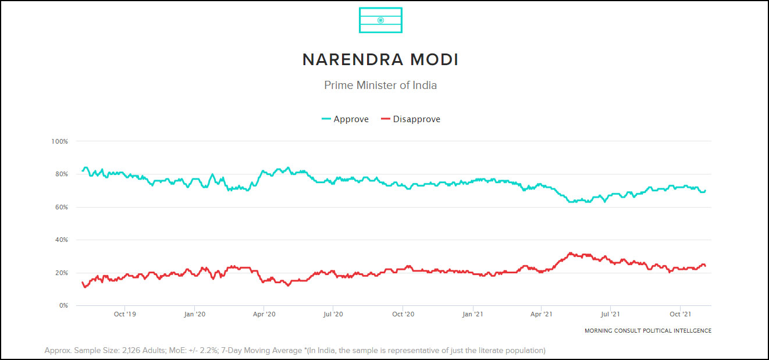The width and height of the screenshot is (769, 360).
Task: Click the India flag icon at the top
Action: [x=380, y=20]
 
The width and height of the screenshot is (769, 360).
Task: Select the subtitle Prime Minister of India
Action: [x=380, y=85]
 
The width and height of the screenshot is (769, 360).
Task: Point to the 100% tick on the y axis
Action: [x=60, y=141]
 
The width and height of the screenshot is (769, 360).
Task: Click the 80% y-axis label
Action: [x=61, y=174]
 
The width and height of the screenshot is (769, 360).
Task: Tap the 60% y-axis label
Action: [x=61, y=207]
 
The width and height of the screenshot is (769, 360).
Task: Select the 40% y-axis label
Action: [x=61, y=240]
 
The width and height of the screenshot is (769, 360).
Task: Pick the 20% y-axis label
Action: [x=61, y=273]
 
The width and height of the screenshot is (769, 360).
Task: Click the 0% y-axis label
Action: [x=63, y=305]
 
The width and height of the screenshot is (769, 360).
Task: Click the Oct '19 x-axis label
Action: [x=124, y=315]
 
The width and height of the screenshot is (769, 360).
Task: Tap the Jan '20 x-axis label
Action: [x=194, y=315]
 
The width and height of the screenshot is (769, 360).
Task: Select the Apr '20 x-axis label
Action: [x=264, y=315]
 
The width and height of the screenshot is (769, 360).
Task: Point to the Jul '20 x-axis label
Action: [x=333, y=315]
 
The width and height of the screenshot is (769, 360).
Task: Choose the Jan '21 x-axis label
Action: [x=472, y=315]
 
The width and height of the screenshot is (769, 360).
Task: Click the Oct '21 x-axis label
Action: [x=680, y=315]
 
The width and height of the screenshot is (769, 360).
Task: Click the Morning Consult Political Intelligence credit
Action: [x=647, y=331]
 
